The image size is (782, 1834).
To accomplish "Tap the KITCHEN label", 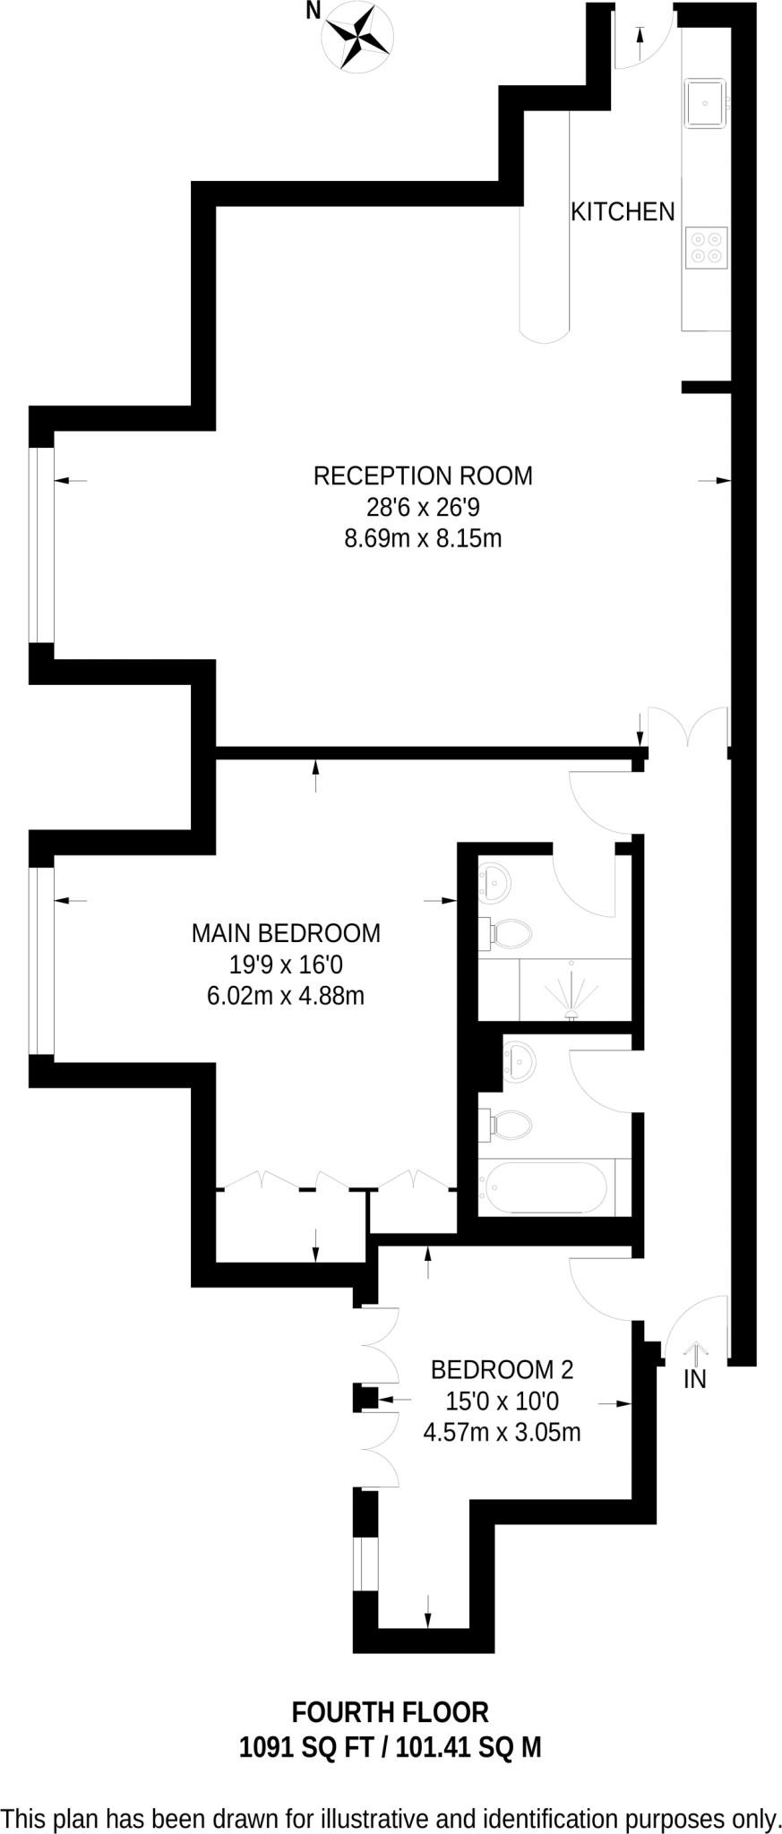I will (623, 212).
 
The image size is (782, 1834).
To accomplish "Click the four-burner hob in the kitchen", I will (707, 247).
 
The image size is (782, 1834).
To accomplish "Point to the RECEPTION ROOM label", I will (423, 476).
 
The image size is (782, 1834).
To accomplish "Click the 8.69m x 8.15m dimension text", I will (423, 539).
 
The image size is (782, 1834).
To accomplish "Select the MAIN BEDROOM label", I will (286, 933).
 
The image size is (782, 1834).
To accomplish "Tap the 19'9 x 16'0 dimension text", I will (286, 964).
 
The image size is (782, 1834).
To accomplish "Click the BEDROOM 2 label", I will (502, 1369).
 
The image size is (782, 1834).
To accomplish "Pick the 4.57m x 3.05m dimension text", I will (502, 1432).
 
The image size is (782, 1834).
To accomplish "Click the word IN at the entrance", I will (695, 1380).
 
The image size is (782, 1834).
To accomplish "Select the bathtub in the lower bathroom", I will (546, 1187).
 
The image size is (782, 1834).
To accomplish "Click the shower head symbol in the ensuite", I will (571, 1012).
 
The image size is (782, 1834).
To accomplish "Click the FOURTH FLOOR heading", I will (391, 1712).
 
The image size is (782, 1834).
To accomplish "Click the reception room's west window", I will (41, 544).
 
